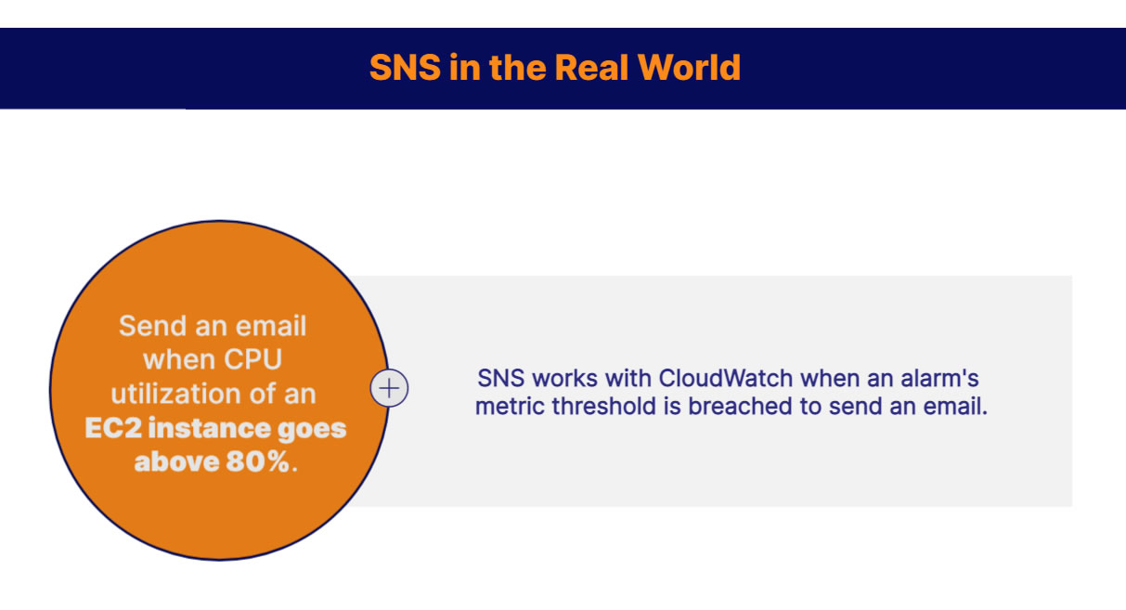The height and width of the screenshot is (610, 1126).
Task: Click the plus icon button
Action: pos(390,388)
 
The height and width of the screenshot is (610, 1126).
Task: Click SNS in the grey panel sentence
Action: pos(501,379)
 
